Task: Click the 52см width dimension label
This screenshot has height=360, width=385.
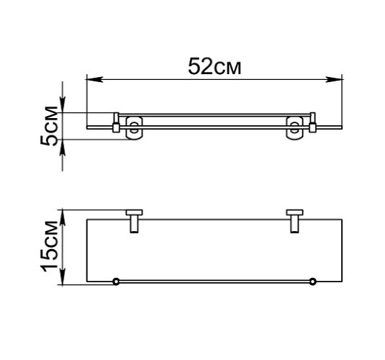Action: (214, 66)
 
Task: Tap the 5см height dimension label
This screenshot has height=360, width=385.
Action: (48, 127)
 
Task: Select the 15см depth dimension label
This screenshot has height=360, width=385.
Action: (48, 248)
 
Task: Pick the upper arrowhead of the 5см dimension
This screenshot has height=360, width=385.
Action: (64, 107)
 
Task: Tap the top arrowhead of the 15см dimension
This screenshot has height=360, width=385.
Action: (64, 215)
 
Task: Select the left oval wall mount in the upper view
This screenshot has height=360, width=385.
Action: (133, 127)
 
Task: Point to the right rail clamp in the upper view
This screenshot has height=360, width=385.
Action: (312, 123)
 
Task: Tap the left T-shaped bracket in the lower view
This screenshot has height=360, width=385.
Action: (134, 220)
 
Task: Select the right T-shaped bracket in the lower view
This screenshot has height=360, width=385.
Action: (294, 220)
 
